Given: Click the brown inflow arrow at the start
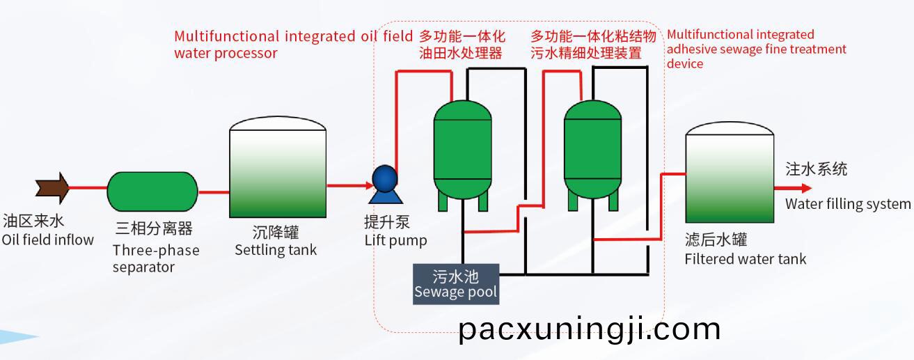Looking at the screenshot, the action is point(52,188).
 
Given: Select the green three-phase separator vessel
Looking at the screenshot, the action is point(152,191).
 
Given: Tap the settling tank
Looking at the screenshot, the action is point(278,167).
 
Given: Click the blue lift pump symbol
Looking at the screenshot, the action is point(385,185).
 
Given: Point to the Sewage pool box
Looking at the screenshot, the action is point(456,284).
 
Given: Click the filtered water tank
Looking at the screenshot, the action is point(730,172).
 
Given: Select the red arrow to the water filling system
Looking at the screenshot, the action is point(793,188).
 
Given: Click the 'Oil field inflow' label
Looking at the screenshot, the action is point(48,240).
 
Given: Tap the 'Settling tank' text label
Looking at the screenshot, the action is point(276,250).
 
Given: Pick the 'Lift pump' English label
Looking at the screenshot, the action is point(396,241).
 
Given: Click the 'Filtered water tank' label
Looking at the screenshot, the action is point(746,259).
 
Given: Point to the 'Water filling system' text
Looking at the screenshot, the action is point(848,204).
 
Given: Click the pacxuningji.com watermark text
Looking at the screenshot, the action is point(590,330).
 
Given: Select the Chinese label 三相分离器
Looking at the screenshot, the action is point(154,228).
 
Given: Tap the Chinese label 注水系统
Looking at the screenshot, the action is point(817,169).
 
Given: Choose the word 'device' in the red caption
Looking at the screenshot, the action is point(685,63).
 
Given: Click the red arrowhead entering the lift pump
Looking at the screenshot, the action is point(370,186).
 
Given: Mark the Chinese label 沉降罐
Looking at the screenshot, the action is point(276,233).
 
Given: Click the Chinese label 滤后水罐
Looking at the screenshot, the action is point(716,240).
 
